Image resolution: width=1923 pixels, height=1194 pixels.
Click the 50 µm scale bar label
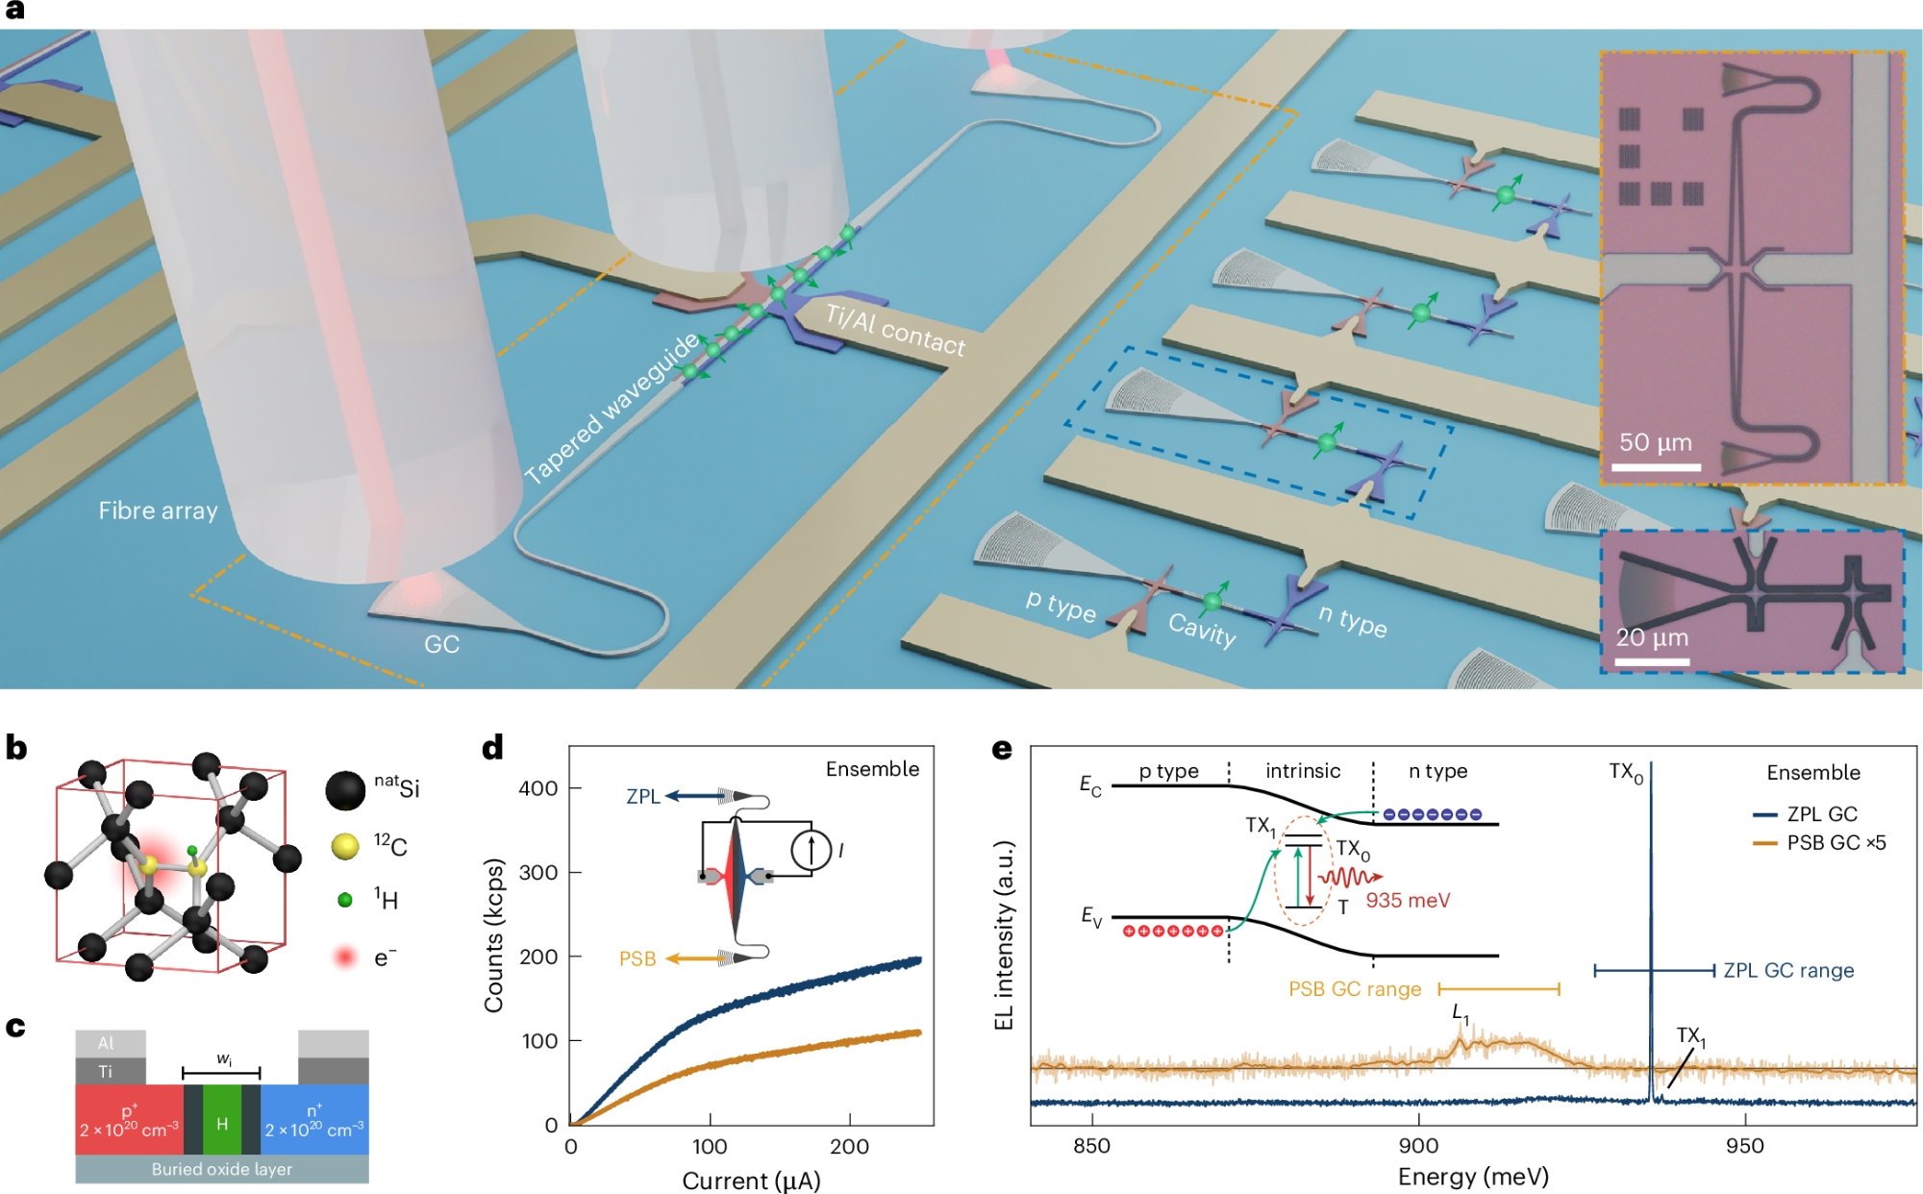[x=1655, y=442]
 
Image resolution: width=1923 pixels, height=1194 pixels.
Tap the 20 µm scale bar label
[x=1651, y=637]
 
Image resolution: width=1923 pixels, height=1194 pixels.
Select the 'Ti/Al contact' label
[x=895, y=329]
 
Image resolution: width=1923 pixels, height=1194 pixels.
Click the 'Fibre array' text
[x=158, y=510]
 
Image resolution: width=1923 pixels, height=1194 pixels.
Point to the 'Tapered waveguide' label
[x=612, y=409]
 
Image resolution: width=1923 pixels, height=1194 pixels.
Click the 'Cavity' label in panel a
[x=1202, y=629]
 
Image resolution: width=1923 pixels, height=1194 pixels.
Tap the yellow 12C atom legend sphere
[x=345, y=846]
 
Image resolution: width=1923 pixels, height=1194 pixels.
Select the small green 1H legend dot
[x=345, y=900]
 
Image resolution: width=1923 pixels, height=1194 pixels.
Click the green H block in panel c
[x=222, y=1122]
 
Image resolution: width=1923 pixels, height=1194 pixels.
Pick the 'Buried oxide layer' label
[x=222, y=1169]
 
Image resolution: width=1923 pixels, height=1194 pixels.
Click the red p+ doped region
[x=129, y=1120]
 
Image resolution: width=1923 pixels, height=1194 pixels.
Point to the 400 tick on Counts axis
[x=537, y=788]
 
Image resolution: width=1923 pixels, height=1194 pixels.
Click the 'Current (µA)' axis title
[x=751, y=1180]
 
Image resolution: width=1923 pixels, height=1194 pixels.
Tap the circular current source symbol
[x=811, y=850]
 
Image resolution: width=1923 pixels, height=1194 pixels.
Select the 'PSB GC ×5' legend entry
[x=1836, y=843]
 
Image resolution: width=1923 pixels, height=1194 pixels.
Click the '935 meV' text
[x=1408, y=901]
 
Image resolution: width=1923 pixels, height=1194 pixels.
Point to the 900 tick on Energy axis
[x=1418, y=1145]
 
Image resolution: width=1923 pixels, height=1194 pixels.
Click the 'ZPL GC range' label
[x=1788, y=970]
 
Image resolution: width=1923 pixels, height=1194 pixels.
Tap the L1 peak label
[x=1460, y=1012]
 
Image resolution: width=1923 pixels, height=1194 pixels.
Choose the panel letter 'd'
[x=492, y=747]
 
